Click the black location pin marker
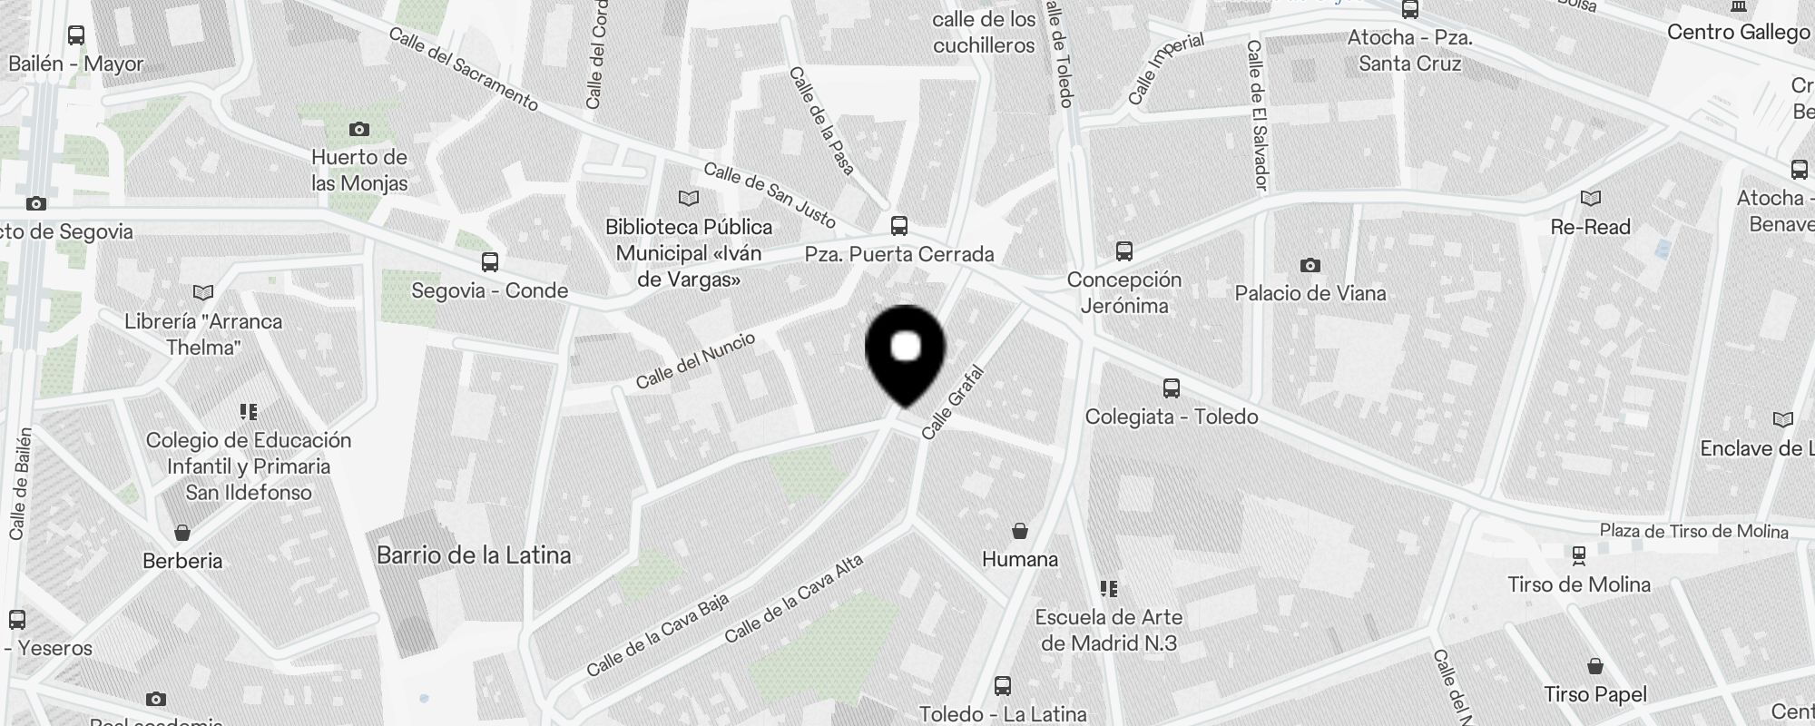pyautogui.click(x=906, y=352)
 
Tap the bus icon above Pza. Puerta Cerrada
pyautogui.click(x=899, y=225)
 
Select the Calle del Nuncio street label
pyautogui.click(x=695, y=360)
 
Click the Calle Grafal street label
pyautogui.click(x=952, y=402)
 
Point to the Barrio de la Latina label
pyautogui.click(x=474, y=555)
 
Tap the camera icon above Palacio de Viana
pyautogui.click(x=1310, y=265)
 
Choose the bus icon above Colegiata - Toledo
pyautogui.click(x=1172, y=388)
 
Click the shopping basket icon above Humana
pyautogui.click(x=1020, y=531)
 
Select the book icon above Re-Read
pyautogui.click(x=1590, y=198)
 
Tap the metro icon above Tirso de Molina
pyautogui.click(x=1579, y=554)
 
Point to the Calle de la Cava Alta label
pyautogui.click(x=794, y=599)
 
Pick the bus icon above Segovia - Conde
pyautogui.click(x=490, y=262)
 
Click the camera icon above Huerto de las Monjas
pyautogui.click(x=359, y=129)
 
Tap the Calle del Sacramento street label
pyautogui.click(x=464, y=69)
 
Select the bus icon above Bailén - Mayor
pyautogui.click(x=76, y=35)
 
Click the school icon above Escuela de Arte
pyautogui.click(x=1109, y=589)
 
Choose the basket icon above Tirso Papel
pyautogui.click(x=1595, y=667)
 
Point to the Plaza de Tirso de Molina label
pyautogui.click(x=1693, y=532)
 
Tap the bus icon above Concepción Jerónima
pyautogui.click(x=1124, y=250)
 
